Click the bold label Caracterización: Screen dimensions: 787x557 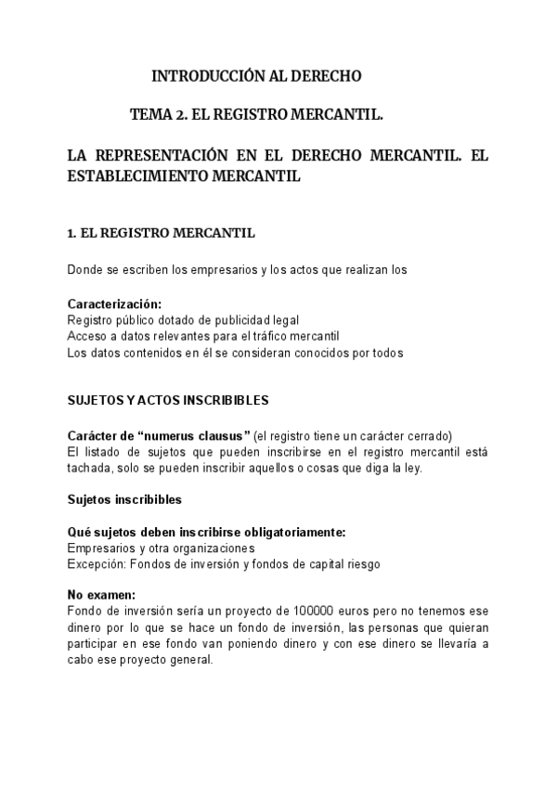[x=114, y=304]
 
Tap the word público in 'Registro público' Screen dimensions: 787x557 [x=140, y=320]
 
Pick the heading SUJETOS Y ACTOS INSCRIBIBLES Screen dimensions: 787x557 [x=168, y=401]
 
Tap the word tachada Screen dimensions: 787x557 [x=89, y=469]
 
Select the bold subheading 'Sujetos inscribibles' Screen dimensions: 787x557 [x=124, y=499]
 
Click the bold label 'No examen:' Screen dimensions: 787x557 [x=101, y=596]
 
